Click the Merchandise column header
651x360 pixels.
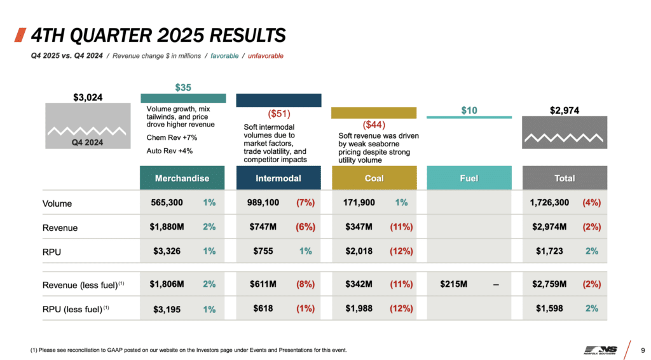pyautogui.click(x=182, y=178)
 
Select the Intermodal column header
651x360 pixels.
pyautogui.click(x=278, y=178)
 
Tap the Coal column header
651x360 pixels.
pyautogui.click(x=374, y=178)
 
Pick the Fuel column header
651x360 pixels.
pyautogui.click(x=469, y=178)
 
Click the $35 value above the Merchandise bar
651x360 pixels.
pyautogui.click(x=183, y=88)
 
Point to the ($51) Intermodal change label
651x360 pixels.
pyautogui.click(x=278, y=114)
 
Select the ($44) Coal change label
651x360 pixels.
pyautogui.click(x=374, y=125)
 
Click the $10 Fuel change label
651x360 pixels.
pyautogui.click(x=469, y=111)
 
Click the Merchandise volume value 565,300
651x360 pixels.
pyautogui.click(x=167, y=203)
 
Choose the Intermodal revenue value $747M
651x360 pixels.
pyautogui.click(x=264, y=227)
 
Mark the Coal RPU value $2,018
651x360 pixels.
pyautogui.click(x=359, y=251)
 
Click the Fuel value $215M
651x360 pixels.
pyautogui.click(x=453, y=284)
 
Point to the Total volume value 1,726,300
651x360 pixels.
pyautogui.click(x=549, y=203)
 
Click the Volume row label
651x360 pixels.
pyautogui.click(x=57, y=204)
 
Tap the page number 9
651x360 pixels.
pyautogui.click(x=643, y=350)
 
